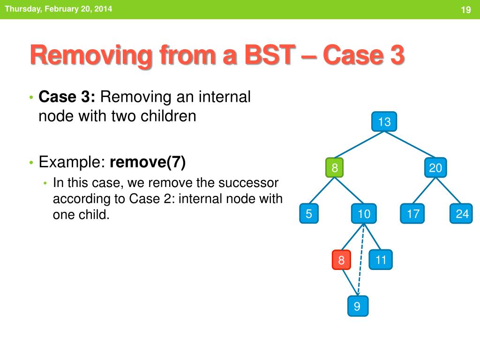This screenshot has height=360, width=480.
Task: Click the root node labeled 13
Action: pos(384,121)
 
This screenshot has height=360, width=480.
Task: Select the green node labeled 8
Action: pos(334,167)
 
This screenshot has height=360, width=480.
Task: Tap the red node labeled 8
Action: pos(341,260)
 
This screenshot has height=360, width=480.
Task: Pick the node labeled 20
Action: pos(435,167)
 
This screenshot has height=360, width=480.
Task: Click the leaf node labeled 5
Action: pos(308,213)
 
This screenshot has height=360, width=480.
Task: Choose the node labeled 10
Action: pos(364,213)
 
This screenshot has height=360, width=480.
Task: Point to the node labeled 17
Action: pos(412,213)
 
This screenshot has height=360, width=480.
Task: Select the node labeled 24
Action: pos(461,213)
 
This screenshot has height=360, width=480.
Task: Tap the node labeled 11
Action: pos(381,260)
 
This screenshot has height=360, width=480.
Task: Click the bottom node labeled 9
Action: pos(358,306)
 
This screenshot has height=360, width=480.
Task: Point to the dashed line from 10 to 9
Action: pos(361,260)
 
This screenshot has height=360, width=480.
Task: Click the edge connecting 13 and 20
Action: pos(410,144)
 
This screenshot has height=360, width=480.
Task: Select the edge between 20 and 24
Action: pos(448,190)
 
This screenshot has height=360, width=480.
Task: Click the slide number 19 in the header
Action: pos(465,10)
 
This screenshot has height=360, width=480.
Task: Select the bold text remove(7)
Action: pos(148,162)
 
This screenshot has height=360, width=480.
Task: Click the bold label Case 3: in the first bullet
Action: pos(67,97)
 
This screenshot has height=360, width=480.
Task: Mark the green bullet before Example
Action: pos(31,163)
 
